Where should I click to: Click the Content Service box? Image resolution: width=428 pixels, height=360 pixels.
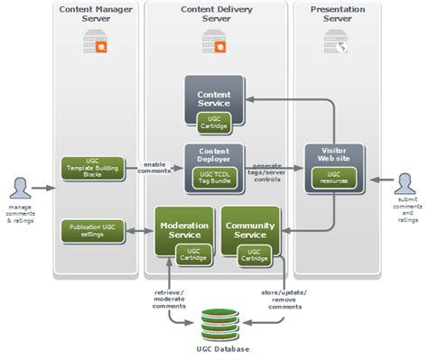tap(214, 98)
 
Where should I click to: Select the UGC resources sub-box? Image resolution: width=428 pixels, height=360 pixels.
tap(334, 177)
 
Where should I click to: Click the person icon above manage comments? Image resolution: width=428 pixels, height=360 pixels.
tap(20, 189)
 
